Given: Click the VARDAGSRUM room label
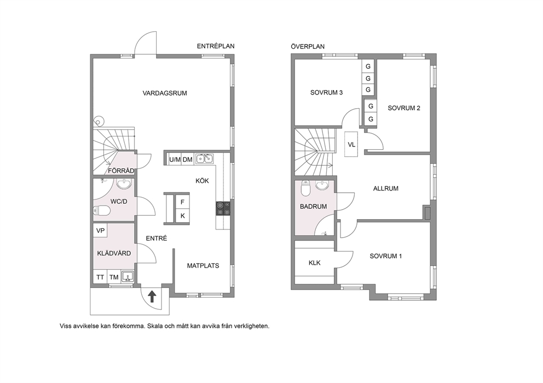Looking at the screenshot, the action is tap(165, 93).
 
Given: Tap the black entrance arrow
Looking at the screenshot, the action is tap(152, 296).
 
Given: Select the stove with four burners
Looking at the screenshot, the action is tap(223, 209).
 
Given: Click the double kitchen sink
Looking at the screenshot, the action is tap(204, 159).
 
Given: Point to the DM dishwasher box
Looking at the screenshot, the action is tap(188, 160).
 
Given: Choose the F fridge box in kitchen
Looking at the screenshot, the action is tap(182, 202).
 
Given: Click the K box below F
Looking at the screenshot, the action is tap(182, 216).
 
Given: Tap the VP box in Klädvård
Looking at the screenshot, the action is tap(100, 231).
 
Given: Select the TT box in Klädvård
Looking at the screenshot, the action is tap(100, 277).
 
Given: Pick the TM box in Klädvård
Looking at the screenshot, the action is tap(114, 277).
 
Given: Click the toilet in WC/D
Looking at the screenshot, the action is tap(102, 210).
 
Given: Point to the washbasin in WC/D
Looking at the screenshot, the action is tap(124, 184).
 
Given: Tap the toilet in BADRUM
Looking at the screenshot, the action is tap(305, 188).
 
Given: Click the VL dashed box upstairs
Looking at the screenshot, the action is tap(351, 144).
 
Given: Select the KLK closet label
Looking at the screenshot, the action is tap(314, 263).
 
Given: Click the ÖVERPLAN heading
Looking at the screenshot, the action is tap(308, 46).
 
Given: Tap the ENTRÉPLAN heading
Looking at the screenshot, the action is tap(216, 46).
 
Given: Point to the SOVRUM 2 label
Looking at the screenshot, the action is tap(404, 108).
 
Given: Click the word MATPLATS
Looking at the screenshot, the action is tap(203, 266).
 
